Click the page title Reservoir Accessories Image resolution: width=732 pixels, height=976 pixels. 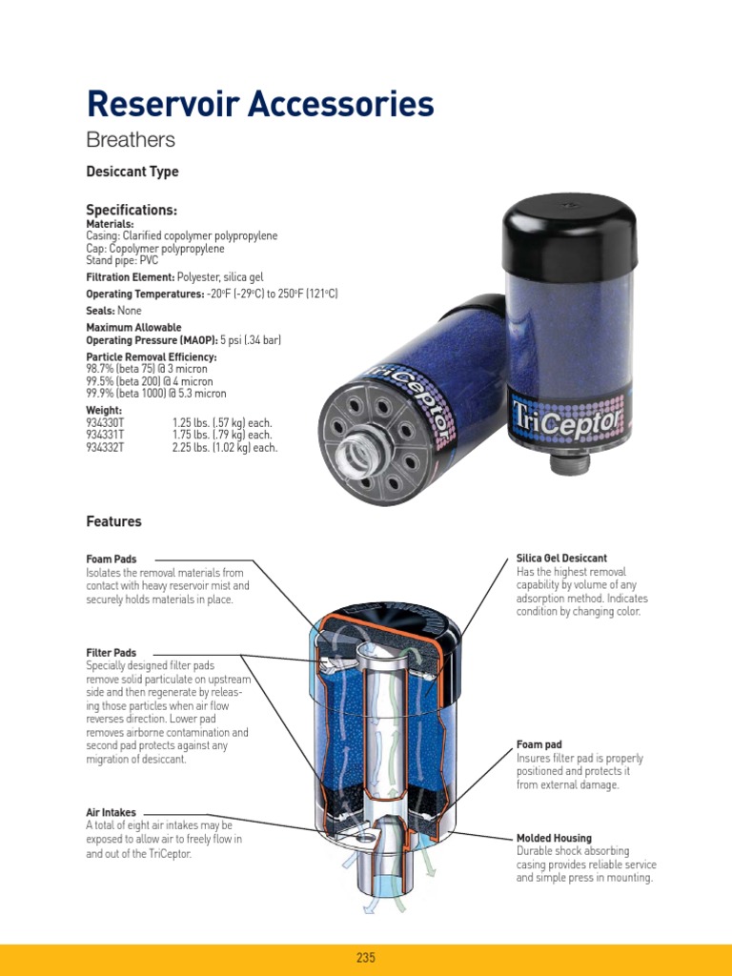click(x=260, y=103)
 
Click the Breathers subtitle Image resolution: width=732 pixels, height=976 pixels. click(x=131, y=139)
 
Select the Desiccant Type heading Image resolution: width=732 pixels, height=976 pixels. click(x=132, y=172)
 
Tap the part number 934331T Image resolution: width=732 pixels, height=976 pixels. click(x=105, y=435)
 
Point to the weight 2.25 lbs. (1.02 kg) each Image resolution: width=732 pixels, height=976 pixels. click(x=225, y=448)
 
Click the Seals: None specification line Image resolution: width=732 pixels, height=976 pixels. click(x=114, y=311)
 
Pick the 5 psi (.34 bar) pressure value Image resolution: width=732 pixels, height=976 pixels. click(x=251, y=340)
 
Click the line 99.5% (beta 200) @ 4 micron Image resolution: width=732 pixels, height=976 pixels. click(x=150, y=381)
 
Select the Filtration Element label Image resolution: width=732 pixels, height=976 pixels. click(x=130, y=277)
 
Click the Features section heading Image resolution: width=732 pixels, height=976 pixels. click(x=114, y=521)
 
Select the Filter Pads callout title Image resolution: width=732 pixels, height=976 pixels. click(x=112, y=653)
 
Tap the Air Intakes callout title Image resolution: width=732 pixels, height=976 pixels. click(x=111, y=812)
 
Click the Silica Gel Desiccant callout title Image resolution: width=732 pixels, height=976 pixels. click(x=561, y=559)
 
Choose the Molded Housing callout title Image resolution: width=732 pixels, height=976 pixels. click(x=554, y=838)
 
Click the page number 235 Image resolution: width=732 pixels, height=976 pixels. click(x=366, y=957)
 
